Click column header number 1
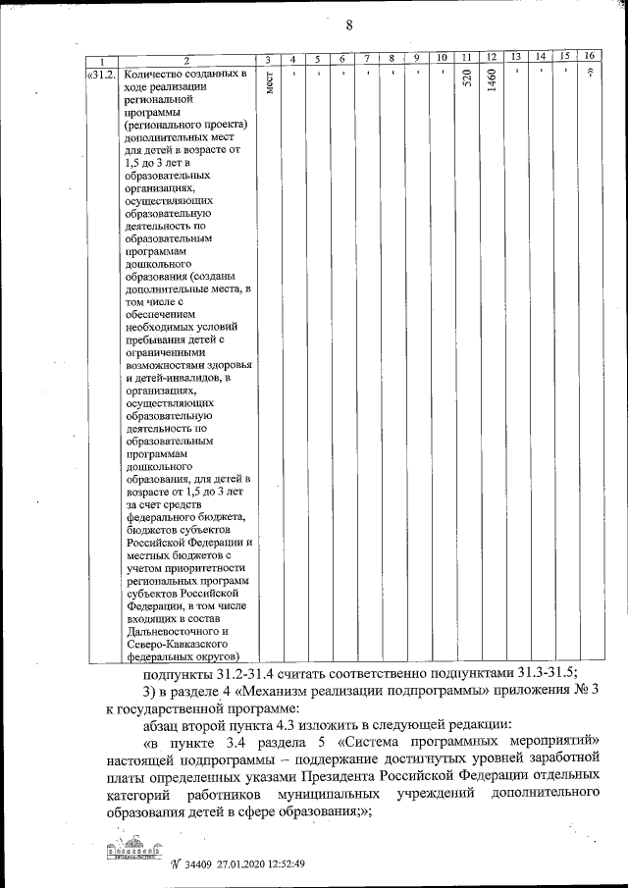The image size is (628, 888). click(102, 60)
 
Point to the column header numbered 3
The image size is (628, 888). click(269, 60)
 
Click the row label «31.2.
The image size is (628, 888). click(102, 74)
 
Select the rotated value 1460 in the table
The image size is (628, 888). click(492, 84)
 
